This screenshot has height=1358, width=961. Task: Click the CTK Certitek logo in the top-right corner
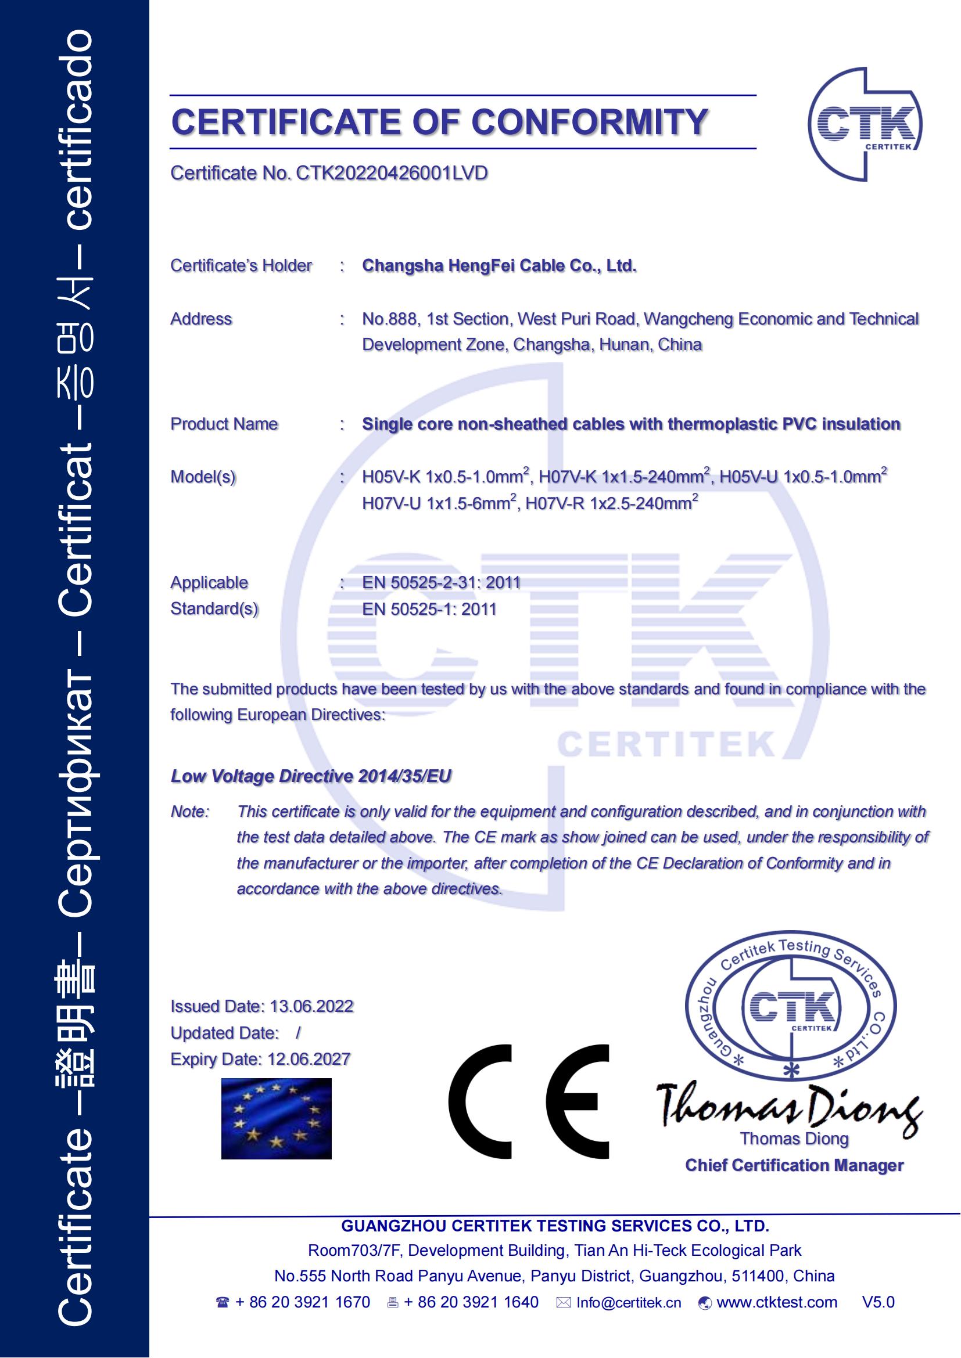[x=865, y=125]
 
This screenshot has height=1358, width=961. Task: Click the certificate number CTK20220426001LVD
[x=392, y=173]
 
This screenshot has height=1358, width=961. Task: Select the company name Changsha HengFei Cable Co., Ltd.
[x=499, y=266]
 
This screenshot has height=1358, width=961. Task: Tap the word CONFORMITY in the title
[x=589, y=123]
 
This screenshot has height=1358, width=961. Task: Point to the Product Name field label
[x=224, y=424]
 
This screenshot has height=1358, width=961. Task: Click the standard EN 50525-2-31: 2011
[x=441, y=582]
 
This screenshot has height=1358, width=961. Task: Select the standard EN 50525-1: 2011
[x=429, y=609]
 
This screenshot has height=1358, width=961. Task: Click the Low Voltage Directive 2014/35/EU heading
[x=311, y=776]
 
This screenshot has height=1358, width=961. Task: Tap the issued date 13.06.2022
[x=311, y=1006]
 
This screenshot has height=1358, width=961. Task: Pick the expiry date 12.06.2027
[x=309, y=1059]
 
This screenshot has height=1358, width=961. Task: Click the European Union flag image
[x=277, y=1118]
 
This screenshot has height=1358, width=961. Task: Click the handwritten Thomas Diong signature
[x=790, y=1106]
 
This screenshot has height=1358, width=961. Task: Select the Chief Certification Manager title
[x=794, y=1165]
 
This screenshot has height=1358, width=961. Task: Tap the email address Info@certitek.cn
[x=629, y=1302]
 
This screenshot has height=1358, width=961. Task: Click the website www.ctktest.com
[x=776, y=1302]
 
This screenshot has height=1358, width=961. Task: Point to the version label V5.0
[x=878, y=1302]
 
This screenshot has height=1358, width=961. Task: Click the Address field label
[x=201, y=319]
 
